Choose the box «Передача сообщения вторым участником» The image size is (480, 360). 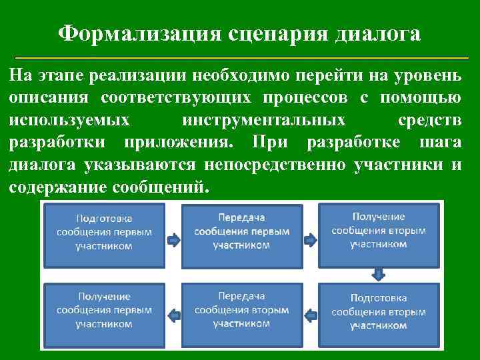pyautogui.click(x=241, y=310)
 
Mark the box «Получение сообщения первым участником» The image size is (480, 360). pyautogui.click(x=104, y=310)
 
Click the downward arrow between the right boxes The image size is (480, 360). pyautogui.click(x=379, y=273)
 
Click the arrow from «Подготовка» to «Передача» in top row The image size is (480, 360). pyautogui.click(x=172, y=237)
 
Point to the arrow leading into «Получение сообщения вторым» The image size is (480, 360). pyautogui.click(x=310, y=237)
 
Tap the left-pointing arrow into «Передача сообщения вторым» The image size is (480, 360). pyautogui.click(x=310, y=315)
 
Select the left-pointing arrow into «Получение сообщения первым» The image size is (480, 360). pyautogui.click(x=172, y=315)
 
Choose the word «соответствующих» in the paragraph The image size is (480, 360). pyautogui.click(x=177, y=98)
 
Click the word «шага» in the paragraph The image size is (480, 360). pyautogui.click(x=441, y=143)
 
